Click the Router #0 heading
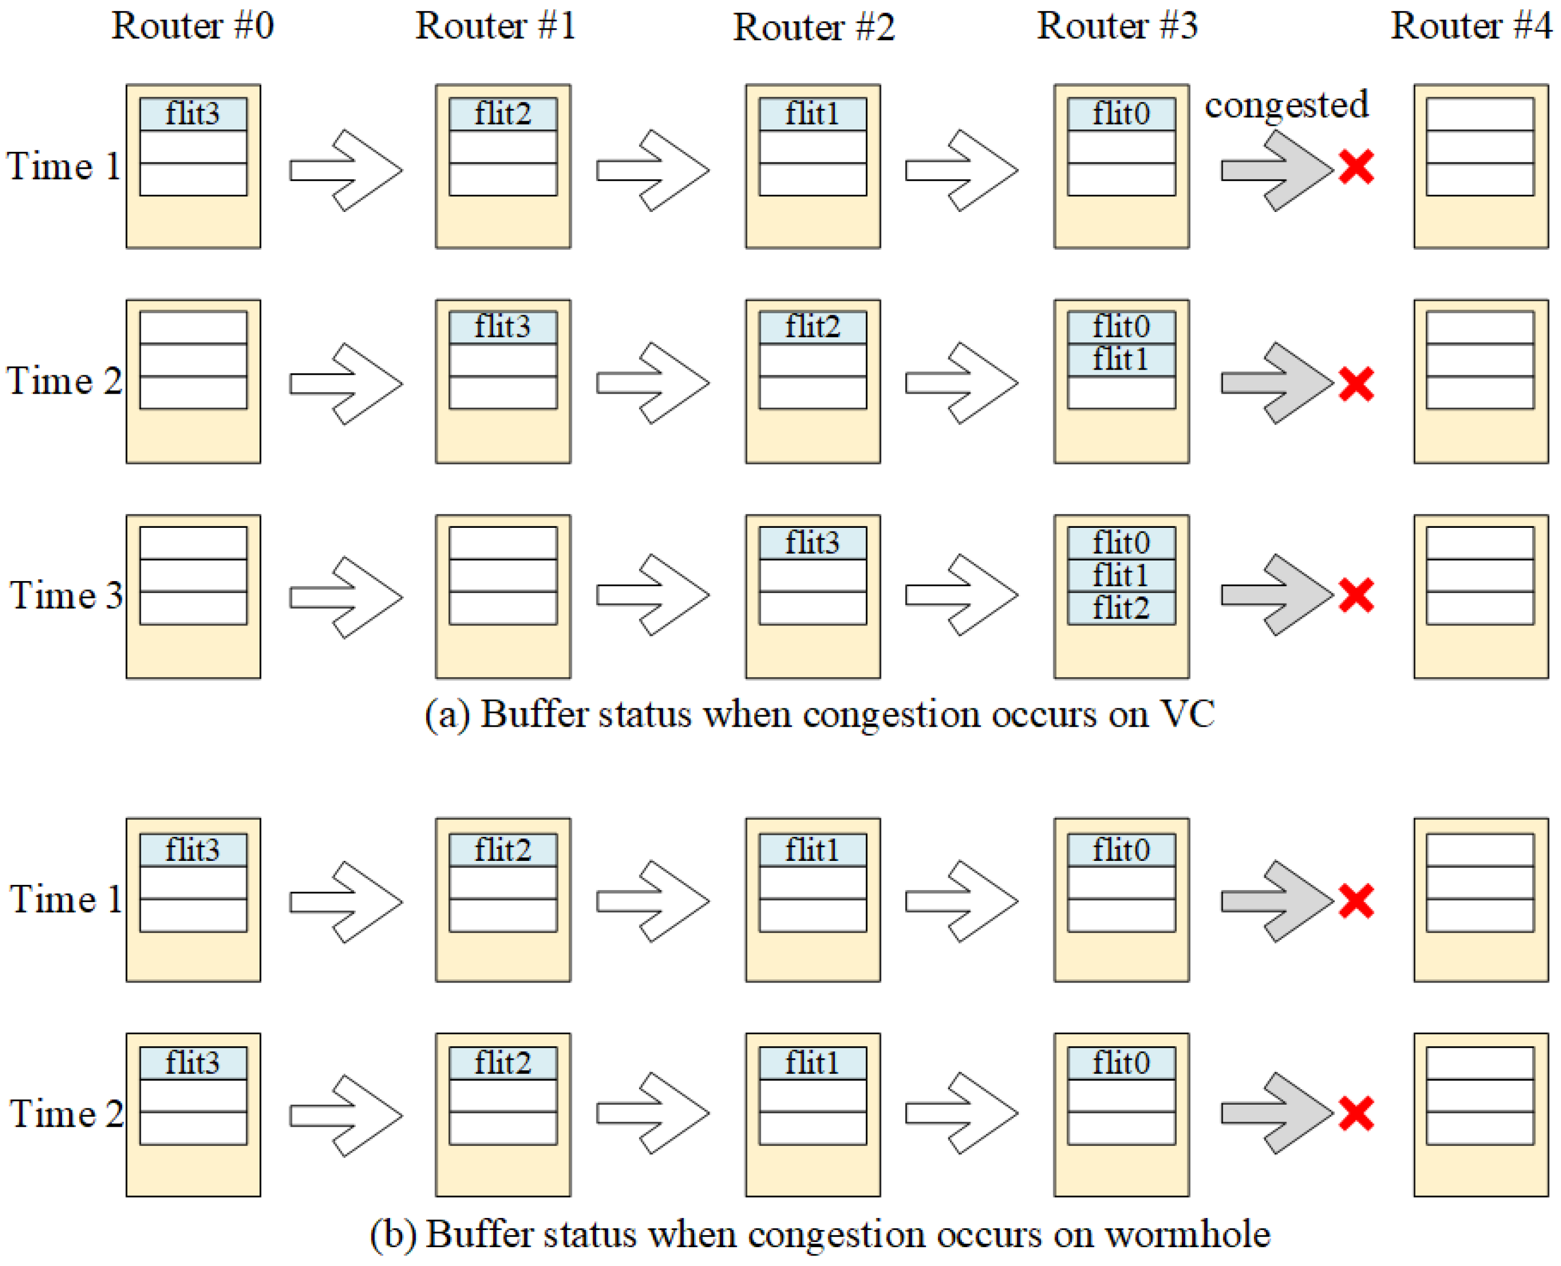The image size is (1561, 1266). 193,26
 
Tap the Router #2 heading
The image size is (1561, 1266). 813,28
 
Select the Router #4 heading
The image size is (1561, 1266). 1470,26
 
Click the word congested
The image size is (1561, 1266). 1286,105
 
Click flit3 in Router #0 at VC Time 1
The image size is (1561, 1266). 193,114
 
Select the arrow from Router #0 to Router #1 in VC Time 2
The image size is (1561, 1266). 346,384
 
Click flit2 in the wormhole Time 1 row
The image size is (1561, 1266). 502,850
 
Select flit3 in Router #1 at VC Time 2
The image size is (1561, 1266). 502,327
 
